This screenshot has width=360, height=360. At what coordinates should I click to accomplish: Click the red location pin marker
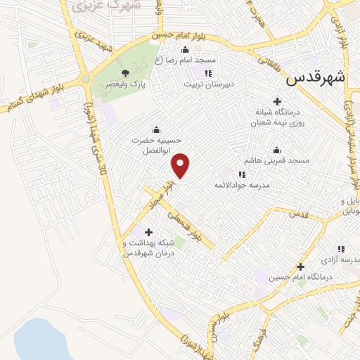(181, 165)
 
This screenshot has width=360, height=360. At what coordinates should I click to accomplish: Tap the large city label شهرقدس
(316, 79)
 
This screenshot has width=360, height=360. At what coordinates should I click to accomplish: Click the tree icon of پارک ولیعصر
(125, 73)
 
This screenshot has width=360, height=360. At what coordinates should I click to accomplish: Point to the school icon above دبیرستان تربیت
(207, 73)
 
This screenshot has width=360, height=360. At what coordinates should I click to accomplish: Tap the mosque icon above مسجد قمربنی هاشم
(276, 150)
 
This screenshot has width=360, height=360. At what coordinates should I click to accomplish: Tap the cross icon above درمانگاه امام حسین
(300, 266)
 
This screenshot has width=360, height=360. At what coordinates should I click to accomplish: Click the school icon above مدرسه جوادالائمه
(242, 174)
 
